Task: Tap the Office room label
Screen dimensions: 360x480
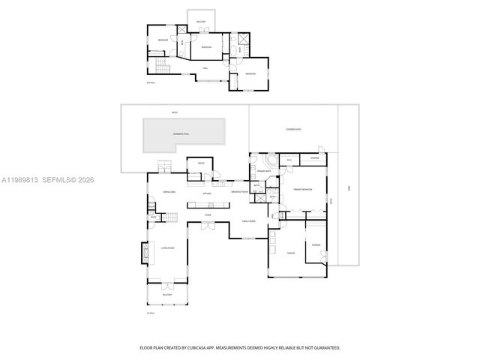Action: click(200, 163)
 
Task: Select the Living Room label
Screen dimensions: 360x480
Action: click(167, 247)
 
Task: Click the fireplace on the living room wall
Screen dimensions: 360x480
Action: click(144, 254)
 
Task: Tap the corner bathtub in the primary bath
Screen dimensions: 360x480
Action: click(268, 163)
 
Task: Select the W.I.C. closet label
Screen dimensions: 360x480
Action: click(289, 159)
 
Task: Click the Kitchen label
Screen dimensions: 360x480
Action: click(206, 193)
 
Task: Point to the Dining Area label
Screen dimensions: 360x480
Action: click(169, 193)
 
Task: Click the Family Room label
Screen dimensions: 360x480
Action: click(248, 220)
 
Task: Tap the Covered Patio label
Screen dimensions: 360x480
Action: click(293, 128)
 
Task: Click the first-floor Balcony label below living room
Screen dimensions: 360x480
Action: click(167, 295)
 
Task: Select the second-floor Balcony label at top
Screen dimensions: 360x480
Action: click(201, 22)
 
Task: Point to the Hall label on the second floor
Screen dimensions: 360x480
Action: click(205, 67)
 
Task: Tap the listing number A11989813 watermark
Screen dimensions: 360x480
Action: click(20, 179)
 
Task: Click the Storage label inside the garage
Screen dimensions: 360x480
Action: click(316, 244)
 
